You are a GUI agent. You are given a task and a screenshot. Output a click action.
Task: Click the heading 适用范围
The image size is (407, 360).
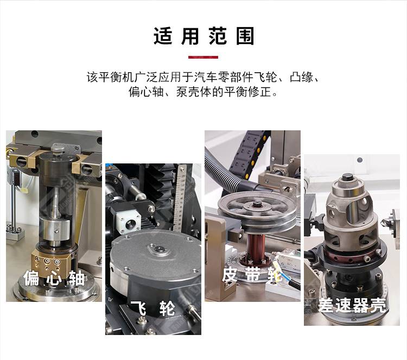(203, 36)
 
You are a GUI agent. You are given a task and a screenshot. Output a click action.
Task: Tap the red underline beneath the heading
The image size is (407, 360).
(203, 57)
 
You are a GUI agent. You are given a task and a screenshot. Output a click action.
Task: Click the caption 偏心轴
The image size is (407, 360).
(54, 277)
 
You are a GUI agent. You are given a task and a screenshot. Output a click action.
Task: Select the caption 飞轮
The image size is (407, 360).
(153, 308)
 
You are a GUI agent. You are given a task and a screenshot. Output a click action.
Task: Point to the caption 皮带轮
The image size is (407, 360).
(252, 274)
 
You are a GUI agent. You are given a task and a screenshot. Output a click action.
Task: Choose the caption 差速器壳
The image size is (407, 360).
(352, 305)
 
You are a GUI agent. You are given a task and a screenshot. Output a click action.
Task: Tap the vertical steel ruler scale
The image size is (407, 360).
(180, 198)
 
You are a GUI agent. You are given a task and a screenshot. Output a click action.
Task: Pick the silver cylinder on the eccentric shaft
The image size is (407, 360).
(55, 229)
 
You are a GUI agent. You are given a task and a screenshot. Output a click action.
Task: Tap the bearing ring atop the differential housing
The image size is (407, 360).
(348, 185)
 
